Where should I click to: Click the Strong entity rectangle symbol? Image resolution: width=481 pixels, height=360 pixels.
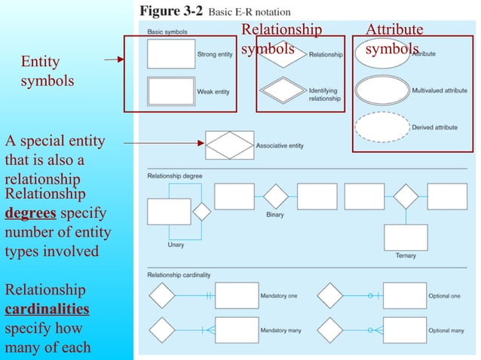[170, 54]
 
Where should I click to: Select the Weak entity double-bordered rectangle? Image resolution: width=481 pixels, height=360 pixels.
[170, 92]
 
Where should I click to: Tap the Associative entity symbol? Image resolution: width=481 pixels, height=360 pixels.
[230, 145]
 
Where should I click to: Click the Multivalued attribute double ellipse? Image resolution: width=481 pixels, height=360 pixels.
[382, 90]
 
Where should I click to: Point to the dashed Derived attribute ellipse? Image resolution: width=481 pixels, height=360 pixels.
[382, 127]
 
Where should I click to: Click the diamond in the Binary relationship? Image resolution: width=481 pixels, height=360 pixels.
[276, 197]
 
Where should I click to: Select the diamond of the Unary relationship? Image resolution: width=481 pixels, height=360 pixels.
[201, 211]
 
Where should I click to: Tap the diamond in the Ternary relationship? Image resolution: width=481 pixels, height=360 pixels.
[406, 196]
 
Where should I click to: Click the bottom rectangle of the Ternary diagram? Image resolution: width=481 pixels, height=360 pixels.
[406, 237]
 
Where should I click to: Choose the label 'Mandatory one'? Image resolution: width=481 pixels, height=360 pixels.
[278, 296]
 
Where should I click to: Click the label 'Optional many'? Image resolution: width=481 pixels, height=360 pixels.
[446, 331]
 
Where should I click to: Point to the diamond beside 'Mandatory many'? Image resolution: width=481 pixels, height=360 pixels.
[161, 330]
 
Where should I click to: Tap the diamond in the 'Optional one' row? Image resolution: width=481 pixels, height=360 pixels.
[329, 295]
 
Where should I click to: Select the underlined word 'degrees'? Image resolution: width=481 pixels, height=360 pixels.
[29, 213]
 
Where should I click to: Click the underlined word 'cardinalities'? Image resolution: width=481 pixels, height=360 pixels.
[47, 309]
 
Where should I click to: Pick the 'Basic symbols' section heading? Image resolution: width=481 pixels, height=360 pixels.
[167, 32]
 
